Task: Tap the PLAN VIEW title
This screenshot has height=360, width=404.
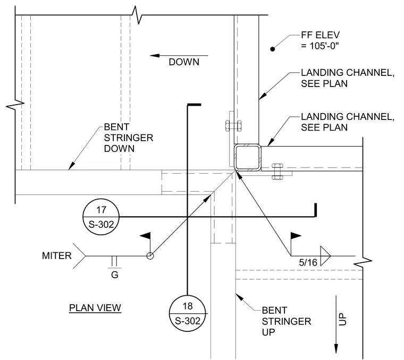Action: click(x=95, y=308)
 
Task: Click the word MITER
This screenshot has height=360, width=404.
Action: click(x=57, y=256)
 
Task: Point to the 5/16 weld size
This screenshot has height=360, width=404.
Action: click(x=308, y=262)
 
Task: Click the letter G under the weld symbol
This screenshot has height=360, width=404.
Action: click(x=115, y=275)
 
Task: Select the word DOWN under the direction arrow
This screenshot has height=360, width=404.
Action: click(x=184, y=62)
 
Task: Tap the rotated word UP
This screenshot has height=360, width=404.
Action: click(x=342, y=319)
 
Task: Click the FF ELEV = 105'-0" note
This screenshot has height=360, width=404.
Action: click(x=320, y=40)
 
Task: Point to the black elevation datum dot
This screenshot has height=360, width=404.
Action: click(x=272, y=49)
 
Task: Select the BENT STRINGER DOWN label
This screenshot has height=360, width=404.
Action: click(x=128, y=138)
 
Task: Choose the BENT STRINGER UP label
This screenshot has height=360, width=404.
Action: click(x=286, y=321)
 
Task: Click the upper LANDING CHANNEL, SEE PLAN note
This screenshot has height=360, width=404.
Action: click(x=348, y=78)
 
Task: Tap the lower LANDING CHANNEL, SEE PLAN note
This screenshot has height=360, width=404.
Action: click(x=348, y=122)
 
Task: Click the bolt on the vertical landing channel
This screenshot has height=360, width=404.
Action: click(x=233, y=126)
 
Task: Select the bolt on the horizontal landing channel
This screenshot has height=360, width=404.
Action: click(x=277, y=171)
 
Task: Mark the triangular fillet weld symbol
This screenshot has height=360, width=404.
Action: click(x=325, y=256)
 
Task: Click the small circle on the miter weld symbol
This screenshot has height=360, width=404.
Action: click(x=150, y=256)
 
